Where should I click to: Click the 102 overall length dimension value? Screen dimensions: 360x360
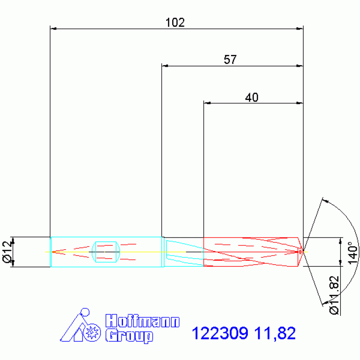(x=175, y=23)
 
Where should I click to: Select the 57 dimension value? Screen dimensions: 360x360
(x=230, y=60)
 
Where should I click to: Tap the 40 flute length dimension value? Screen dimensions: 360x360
(x=252, y=98)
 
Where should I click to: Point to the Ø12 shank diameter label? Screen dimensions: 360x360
(x=8, y=252)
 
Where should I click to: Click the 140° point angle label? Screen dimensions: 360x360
(x=353, y=253)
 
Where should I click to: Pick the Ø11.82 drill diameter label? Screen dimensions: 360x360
(x=334, y=295)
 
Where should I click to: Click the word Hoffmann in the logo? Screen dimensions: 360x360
(x=142, y=321)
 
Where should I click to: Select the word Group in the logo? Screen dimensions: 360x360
(x=129, y=336)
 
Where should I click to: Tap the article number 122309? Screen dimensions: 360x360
(x=220, y=333)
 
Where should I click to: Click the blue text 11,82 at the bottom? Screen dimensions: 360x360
(x=275, y=333)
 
